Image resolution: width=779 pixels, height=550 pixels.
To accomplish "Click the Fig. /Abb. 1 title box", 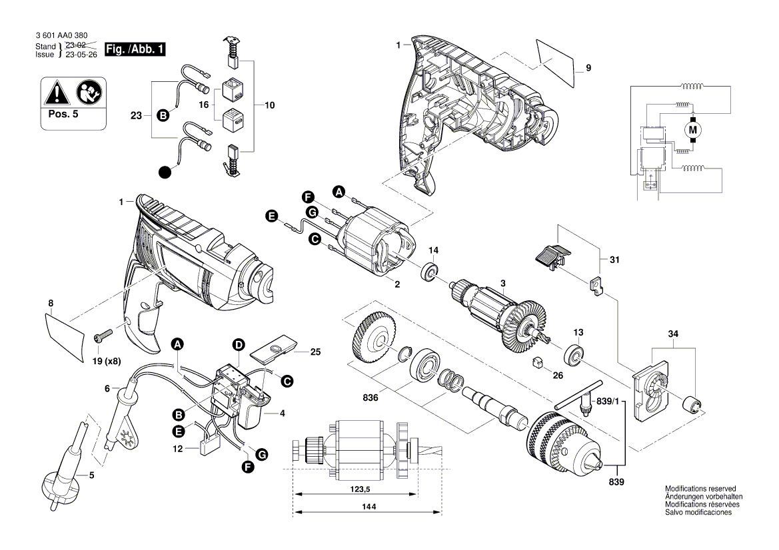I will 135,49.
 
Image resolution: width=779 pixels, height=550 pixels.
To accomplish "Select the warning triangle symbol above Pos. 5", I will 56,92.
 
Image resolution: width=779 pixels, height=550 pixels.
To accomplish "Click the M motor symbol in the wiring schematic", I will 692,128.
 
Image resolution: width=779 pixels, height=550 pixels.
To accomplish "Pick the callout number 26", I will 558,376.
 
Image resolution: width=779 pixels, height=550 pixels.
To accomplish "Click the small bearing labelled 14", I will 430,272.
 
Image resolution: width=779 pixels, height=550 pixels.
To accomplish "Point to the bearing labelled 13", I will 575,352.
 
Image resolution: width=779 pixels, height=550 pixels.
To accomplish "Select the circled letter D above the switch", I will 237,344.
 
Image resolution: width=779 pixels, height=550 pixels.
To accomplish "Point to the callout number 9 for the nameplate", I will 588,68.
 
